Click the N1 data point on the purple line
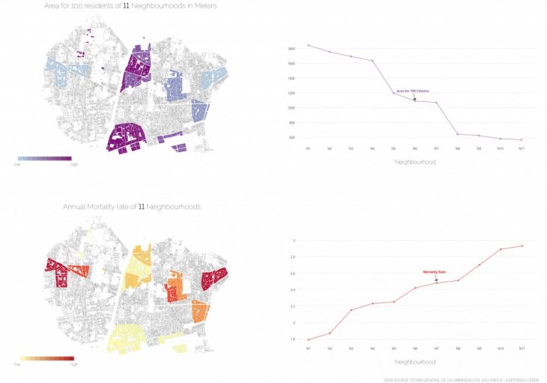point(309,45)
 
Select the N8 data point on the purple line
point(457,134)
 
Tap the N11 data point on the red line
point(522,246)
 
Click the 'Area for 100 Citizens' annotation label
point(412,91)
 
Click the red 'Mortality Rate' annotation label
point(435,272)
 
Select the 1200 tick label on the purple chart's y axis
point(291,93)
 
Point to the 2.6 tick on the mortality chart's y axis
point(294,273)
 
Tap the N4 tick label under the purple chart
point(372,148)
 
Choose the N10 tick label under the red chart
point(500,348)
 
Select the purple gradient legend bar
point(44,158)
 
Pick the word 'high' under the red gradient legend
point(73,364)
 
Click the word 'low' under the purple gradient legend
point(18,164)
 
